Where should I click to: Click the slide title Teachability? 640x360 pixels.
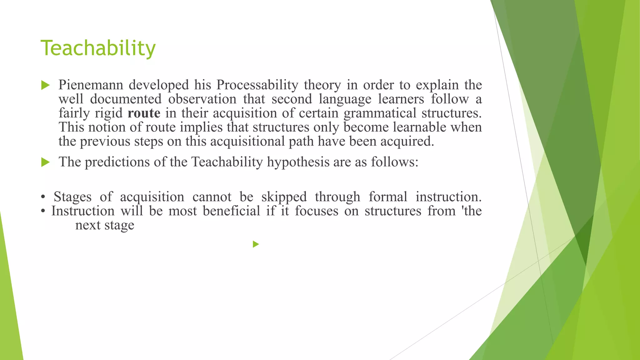pyautogui.click(x=98, y=48)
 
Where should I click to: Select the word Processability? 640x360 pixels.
pyautogui.click(x=257, y=85)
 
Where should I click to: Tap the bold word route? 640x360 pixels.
pyautogui.click(x=144, y=113)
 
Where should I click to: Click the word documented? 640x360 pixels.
pyautogui.click(x=126, y=99)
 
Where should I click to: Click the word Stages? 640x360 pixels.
pyautogui.click(x=72, y=197)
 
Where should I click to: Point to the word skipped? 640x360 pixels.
pyautogui.click(x=284, y=197)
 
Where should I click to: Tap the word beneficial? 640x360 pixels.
pyautogui.click(x=231, y=211)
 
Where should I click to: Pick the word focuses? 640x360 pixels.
pyautogui.click(x=317, y=211)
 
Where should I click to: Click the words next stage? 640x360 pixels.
pyautogui.click(x=105, y=225)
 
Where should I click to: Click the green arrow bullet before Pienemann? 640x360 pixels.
pyautogui.click(x=45, y=85)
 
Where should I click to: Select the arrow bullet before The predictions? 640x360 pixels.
pyautogui.click(x=45, y=162)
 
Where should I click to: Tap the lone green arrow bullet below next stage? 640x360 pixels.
pyautogui.click(x=256, y=244)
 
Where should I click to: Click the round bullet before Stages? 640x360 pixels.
pyautogui.click(x=43, y=197)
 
